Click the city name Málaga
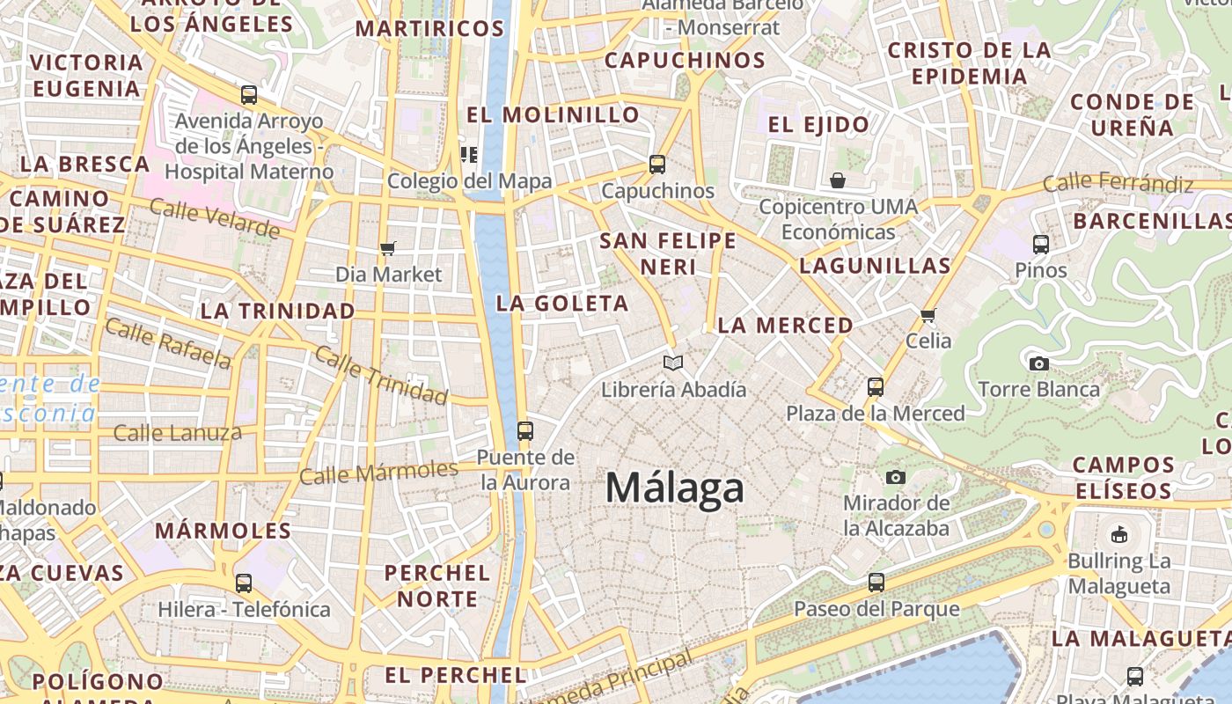[x=675, y=488]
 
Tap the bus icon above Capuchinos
[x=656, y=165]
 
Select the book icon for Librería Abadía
[x=673, y=363]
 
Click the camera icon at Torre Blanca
[x=1038, y=363]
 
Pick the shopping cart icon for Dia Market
[x=388, y=248]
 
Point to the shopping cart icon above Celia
[x=928, y=315]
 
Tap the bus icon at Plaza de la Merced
[x=875, y=386]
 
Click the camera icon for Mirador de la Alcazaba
[x=896, y=477]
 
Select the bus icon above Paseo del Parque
[x=876, y=582]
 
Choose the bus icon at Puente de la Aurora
[x=525, y=430]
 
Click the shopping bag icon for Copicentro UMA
[x=838, y=180]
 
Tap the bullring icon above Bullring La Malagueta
[x=1119, y=534]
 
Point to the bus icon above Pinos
[x=1041, y=244]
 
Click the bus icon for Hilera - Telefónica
[x=244, y=583]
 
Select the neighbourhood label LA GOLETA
[x=562, y=304]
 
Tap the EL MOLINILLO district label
[x=554, y=114]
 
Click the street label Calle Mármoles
[x=378, y=473]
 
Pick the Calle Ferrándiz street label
[x=1118, y=184]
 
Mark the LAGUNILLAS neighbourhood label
[x=875, y=266]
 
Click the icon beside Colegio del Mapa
[x=469, y=156]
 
